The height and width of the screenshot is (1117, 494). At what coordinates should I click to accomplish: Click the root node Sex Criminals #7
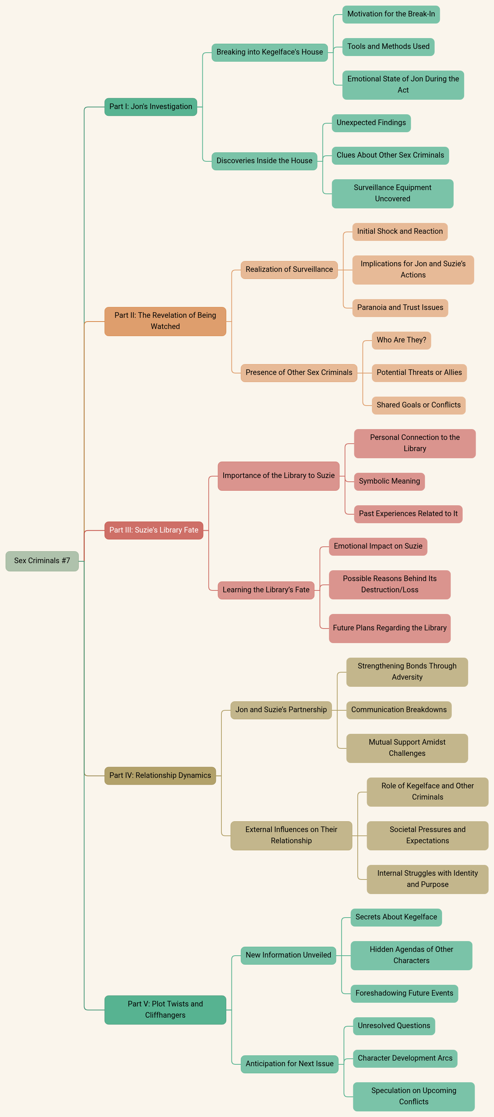(x=42, y=561)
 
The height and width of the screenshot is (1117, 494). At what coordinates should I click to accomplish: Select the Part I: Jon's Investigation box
(x=150, y=107)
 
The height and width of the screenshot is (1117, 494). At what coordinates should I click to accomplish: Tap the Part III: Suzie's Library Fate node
(x=153, y=530)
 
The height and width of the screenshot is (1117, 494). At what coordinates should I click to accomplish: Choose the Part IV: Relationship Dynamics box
(x=160, y=775)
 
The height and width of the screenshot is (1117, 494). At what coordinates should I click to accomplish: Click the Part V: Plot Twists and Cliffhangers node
(x=165, y=1009)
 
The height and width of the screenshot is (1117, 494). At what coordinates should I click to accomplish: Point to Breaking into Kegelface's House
(x=269, y=52)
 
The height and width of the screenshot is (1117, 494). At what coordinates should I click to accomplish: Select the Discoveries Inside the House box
(x=264, y=161)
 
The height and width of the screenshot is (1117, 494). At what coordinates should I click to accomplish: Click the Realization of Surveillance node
(x=289, y=269)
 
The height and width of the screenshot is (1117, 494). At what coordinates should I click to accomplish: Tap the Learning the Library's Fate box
(x=266, y=590)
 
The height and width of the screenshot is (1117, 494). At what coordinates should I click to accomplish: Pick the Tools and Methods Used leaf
(x=388, y=46)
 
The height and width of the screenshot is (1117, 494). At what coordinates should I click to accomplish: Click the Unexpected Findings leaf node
(x=371, y=123)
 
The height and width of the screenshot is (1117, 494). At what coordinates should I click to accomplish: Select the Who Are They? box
(x=401, y=340)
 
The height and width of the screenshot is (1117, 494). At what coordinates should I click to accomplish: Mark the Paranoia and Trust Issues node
(x=400, y=307)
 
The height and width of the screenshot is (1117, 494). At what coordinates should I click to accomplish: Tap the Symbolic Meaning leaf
(x=389, y=481)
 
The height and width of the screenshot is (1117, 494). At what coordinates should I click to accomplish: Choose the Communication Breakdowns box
(x=398, y=710)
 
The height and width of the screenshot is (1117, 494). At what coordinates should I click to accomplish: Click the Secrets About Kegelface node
(x=396, y=917)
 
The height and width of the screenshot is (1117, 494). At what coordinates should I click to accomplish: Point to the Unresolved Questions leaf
(x=394, y=1026)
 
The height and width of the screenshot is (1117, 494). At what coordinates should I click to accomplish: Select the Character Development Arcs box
(x=405, y=1058)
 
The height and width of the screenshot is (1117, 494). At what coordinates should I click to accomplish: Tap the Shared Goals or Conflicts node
(x=419, y=405)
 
